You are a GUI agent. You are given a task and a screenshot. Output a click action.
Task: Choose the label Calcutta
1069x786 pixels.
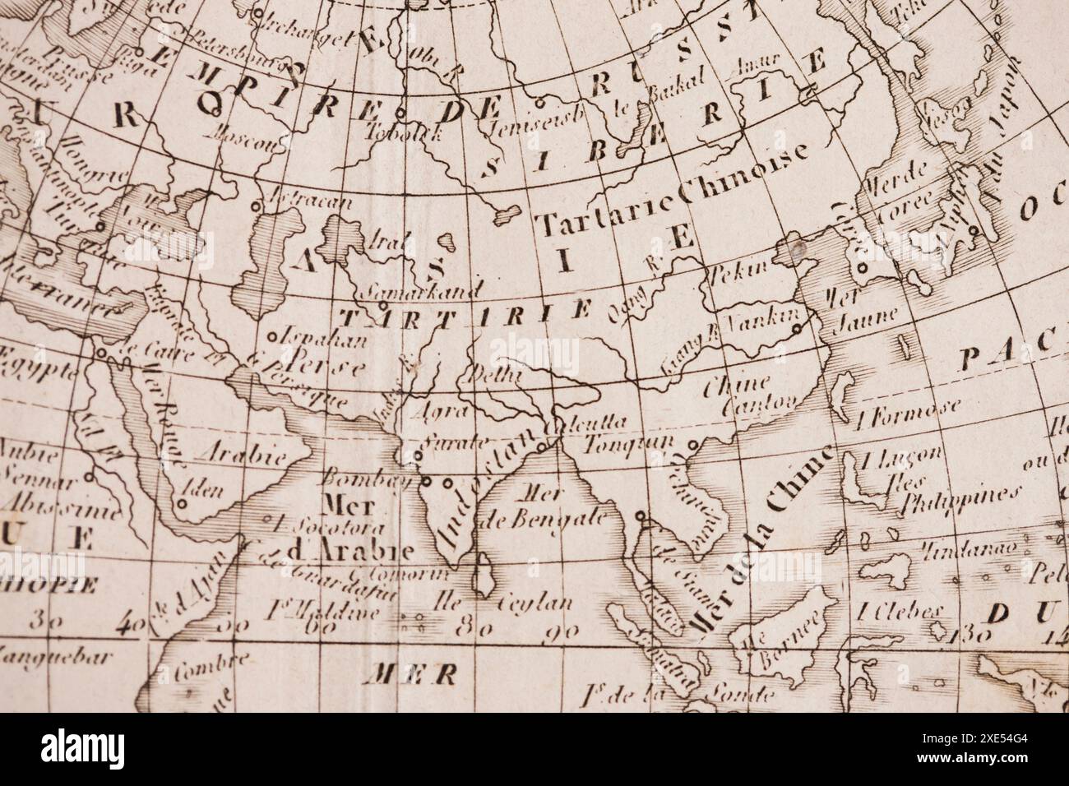(x=590, y=422)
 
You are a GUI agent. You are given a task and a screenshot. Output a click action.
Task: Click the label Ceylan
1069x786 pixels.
(x=537, y=603)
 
